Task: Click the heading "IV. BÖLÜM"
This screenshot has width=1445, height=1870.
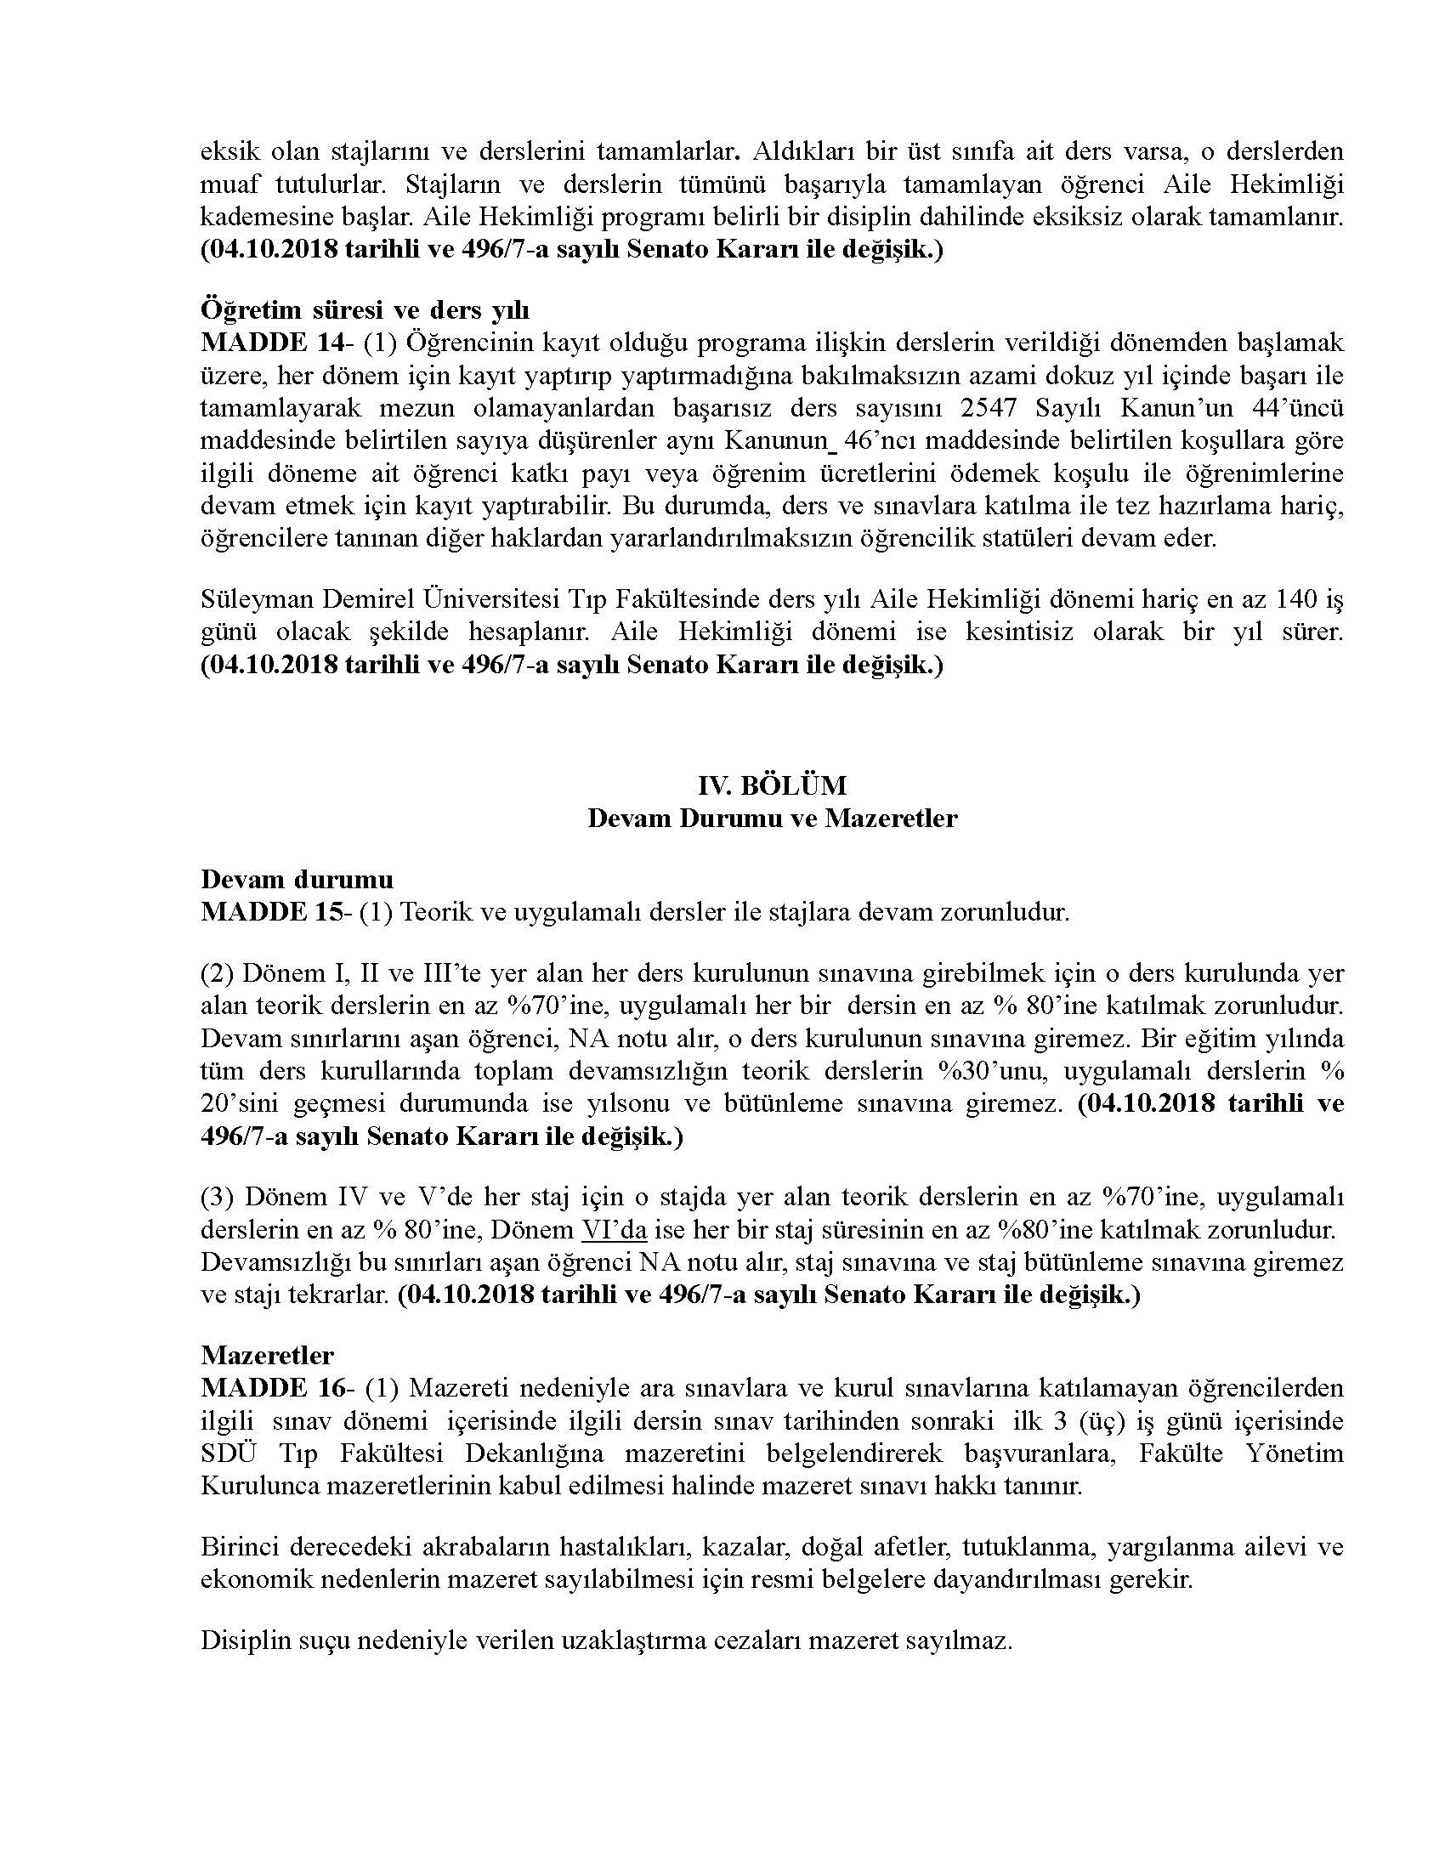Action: [x=772, y=785]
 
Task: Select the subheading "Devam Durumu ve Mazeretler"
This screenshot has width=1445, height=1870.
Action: [x=772, y=818]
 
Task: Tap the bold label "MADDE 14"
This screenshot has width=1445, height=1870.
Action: [x=253, y=343]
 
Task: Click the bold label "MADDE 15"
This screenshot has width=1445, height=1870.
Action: [x=253, y=912]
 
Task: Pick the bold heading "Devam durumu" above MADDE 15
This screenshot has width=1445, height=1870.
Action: [x=297, y=880]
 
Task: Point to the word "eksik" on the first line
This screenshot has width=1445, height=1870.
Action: [x=229, y=151]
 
